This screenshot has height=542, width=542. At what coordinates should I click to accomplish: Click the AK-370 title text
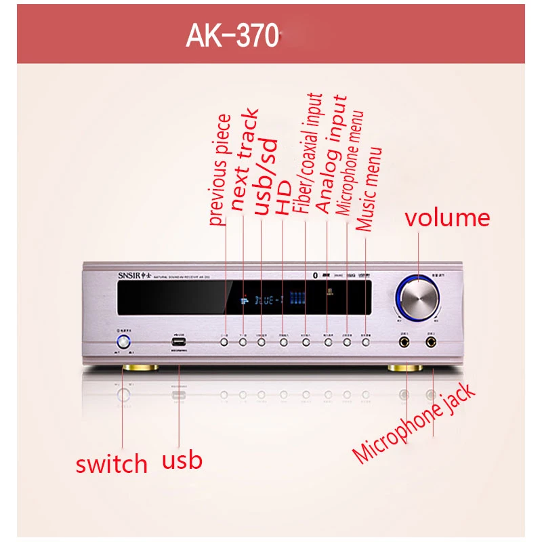pos(232,37)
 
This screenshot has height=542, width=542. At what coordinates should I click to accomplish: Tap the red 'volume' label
pos(446,218)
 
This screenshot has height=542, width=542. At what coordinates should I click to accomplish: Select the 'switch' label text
pos(111,464)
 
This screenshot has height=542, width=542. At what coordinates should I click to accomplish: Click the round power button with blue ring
pos(124,341)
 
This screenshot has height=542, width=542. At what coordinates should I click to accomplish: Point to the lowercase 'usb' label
pos(182,461)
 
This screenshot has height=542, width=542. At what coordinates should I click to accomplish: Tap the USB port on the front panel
pos(180,342)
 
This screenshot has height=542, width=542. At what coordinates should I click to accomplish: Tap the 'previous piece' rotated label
pos(221,170)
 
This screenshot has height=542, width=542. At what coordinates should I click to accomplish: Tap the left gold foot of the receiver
pos(140,368)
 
